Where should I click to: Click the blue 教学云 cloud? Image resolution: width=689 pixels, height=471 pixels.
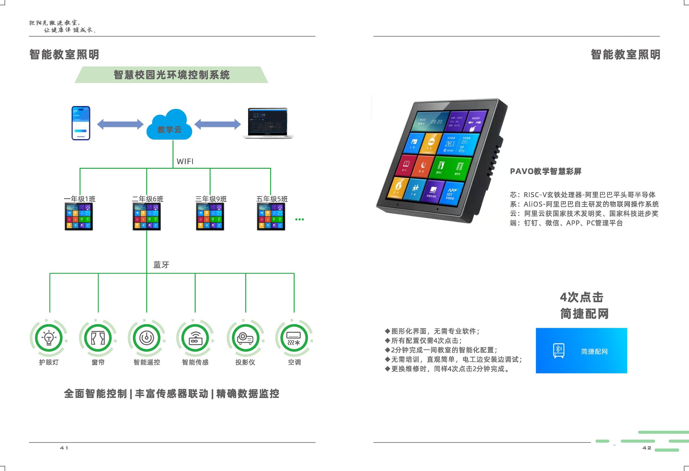click(x=169, y=125)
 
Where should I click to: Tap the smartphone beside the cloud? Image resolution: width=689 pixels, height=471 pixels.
click(x=81, y=123)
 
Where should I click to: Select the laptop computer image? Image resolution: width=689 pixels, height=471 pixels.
click(x=268, y=123)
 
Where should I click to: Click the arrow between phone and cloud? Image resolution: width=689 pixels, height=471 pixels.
click(x=120, y=124)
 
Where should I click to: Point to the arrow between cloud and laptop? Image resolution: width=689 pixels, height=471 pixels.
click(x=217, y=124)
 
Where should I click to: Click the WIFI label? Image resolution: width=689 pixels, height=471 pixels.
click(x=185, y=161)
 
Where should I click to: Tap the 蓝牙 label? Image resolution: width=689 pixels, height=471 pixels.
click(x=161, y=264)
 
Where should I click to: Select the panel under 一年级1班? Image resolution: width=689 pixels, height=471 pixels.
click(x=79, y=216)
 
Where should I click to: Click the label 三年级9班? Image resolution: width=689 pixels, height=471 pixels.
click(x=211, y=199)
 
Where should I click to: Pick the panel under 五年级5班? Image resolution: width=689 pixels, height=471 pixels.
click(x=271, y=216)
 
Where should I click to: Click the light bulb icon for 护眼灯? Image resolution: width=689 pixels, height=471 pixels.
click(x=49, y=338)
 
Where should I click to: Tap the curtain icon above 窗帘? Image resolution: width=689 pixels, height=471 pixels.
click(x=98, y=338)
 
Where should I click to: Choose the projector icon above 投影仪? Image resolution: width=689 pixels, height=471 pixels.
click(x=245, y=338)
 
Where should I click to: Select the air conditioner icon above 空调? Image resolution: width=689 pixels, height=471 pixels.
click(x=294, y=338)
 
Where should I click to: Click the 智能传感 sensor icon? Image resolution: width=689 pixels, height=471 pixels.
click(x=195, y=338)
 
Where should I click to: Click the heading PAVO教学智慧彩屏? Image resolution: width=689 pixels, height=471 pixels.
click(x=545, y=171)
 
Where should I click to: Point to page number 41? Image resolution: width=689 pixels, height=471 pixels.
click(x=64, y=448)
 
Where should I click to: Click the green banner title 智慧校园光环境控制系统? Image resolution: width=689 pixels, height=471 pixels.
click(x=172, y=75)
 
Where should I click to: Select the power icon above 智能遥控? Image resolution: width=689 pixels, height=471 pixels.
click(x=147, y=338)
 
